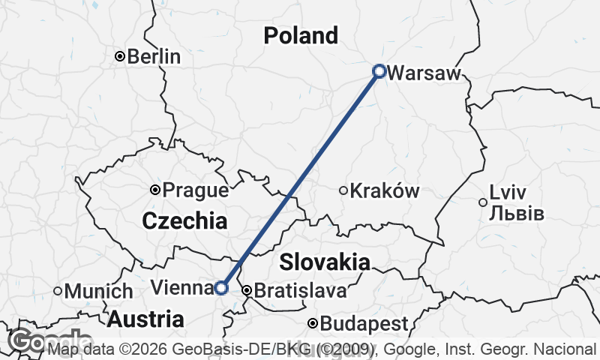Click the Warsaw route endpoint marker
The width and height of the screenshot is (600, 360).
coord(379,71)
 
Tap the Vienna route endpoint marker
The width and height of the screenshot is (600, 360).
coord(221,287)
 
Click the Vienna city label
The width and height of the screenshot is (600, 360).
coord(181,287)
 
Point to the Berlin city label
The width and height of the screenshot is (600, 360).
coord(154,56)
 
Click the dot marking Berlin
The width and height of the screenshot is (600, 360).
coord(119,56)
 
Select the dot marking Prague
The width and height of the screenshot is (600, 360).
coord(155,190)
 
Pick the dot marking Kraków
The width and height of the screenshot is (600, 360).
coord(343,190)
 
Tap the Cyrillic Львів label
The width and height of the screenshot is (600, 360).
coord(516,213)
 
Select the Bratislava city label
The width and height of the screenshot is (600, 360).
coord(301,290)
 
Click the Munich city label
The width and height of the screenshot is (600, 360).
coord(98,291)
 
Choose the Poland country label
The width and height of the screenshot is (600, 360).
coord(301,35)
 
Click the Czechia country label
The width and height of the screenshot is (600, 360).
coord(184,220)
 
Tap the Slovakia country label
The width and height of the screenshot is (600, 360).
coord(325,262)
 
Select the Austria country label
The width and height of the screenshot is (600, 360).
coord(145,319)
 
